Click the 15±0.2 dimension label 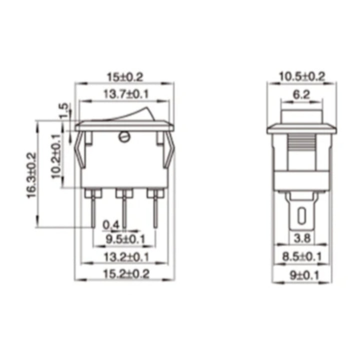point(124,77)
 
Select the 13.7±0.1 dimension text point(124,93)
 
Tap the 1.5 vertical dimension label point(63,110)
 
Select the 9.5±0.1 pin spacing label point(124,239)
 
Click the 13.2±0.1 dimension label point(124,257)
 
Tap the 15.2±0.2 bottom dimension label point(124,273)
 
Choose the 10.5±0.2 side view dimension point(301,76)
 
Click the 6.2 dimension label point(301,93)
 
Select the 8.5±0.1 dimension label point(301,257)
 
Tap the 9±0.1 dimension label point(301,274)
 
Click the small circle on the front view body point(124,136)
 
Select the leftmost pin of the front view point(93,210)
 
